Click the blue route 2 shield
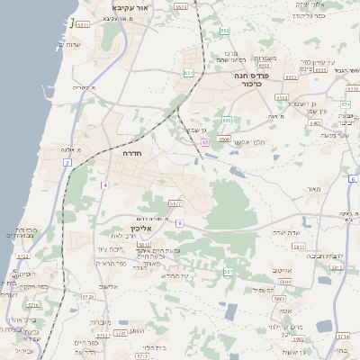[x=67, y=162]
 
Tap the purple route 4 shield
[x=105, y=184]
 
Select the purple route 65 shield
[x=205, y=142]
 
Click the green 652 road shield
[x=225, y=31]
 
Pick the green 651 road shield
[x=187, y=73]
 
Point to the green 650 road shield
[x=227, y=121]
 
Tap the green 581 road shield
[x=228, y=271]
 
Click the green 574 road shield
[x=345, y=104]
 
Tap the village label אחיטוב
[x=282, y=269]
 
